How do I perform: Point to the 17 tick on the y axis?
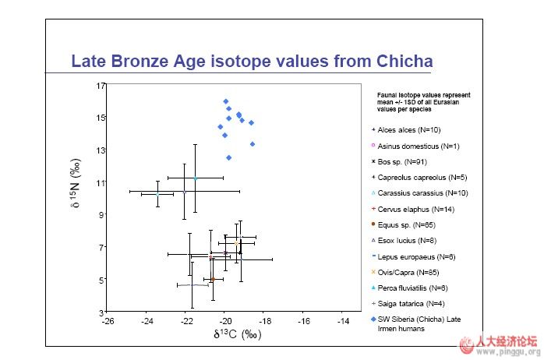click(100, 85)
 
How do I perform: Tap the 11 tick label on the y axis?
click(100, 182)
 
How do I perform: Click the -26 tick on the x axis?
click(108, 321)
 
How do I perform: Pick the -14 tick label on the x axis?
click(343, 321)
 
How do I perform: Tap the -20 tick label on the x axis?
click(225, 321)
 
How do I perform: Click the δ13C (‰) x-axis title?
click(236, 335)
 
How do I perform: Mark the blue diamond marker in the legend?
click(374, 319)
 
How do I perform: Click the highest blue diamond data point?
click(225, 101)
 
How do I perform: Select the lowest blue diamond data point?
click(228, 157)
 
